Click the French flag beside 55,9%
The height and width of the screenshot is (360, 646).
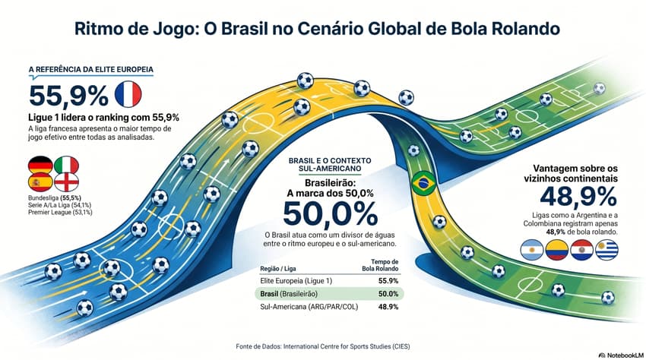click(128, 94)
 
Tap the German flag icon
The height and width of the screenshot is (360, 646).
click(40, 165)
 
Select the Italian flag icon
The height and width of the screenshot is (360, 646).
click(66, 165)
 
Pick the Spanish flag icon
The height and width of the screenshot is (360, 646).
click(40, 182)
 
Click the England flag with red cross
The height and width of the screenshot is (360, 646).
click(66, 182)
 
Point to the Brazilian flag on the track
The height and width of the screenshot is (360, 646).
click(423, 183)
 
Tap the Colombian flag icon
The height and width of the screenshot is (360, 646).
click(557, 249)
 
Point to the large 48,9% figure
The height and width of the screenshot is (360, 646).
click(578, 196)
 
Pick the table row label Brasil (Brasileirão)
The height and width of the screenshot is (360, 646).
click(290, 293)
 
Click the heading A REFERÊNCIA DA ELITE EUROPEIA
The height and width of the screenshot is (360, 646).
click(90, 70)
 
